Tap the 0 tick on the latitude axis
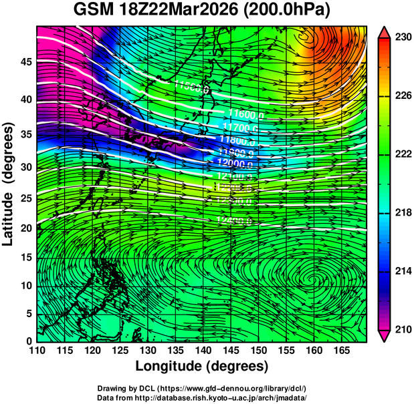27,341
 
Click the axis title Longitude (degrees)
202,366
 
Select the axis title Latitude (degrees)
9,184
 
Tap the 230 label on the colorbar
397,38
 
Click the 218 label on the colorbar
397,213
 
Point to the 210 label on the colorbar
397,329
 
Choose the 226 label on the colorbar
397,96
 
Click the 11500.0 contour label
192,86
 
